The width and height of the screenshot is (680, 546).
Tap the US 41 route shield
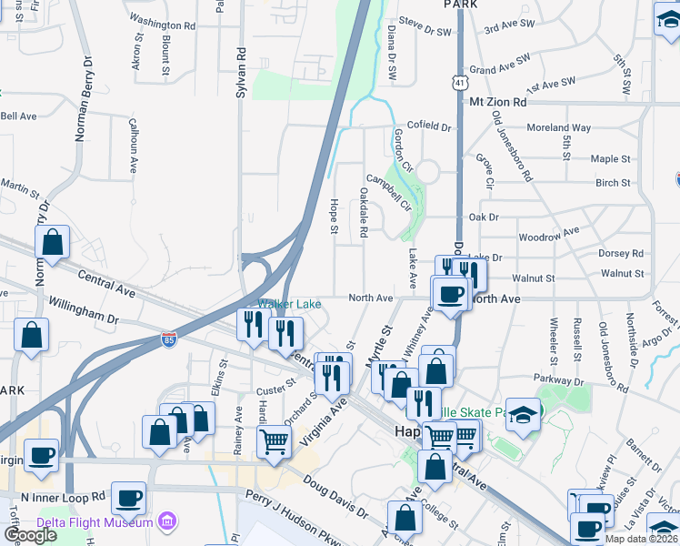(x=462, y=83)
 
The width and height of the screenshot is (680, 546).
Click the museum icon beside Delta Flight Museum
(x=166, y=521)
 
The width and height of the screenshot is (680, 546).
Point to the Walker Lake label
(x=289, y=304)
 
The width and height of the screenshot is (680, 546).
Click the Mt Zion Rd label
(x=498, y=103)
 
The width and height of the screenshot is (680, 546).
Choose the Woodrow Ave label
(x=548, y=236)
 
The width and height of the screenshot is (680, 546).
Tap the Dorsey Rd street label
(x=621, y=254)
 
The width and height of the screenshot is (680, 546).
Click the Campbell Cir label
(x=388, y=193)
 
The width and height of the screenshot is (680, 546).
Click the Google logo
(x=31, y=535)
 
